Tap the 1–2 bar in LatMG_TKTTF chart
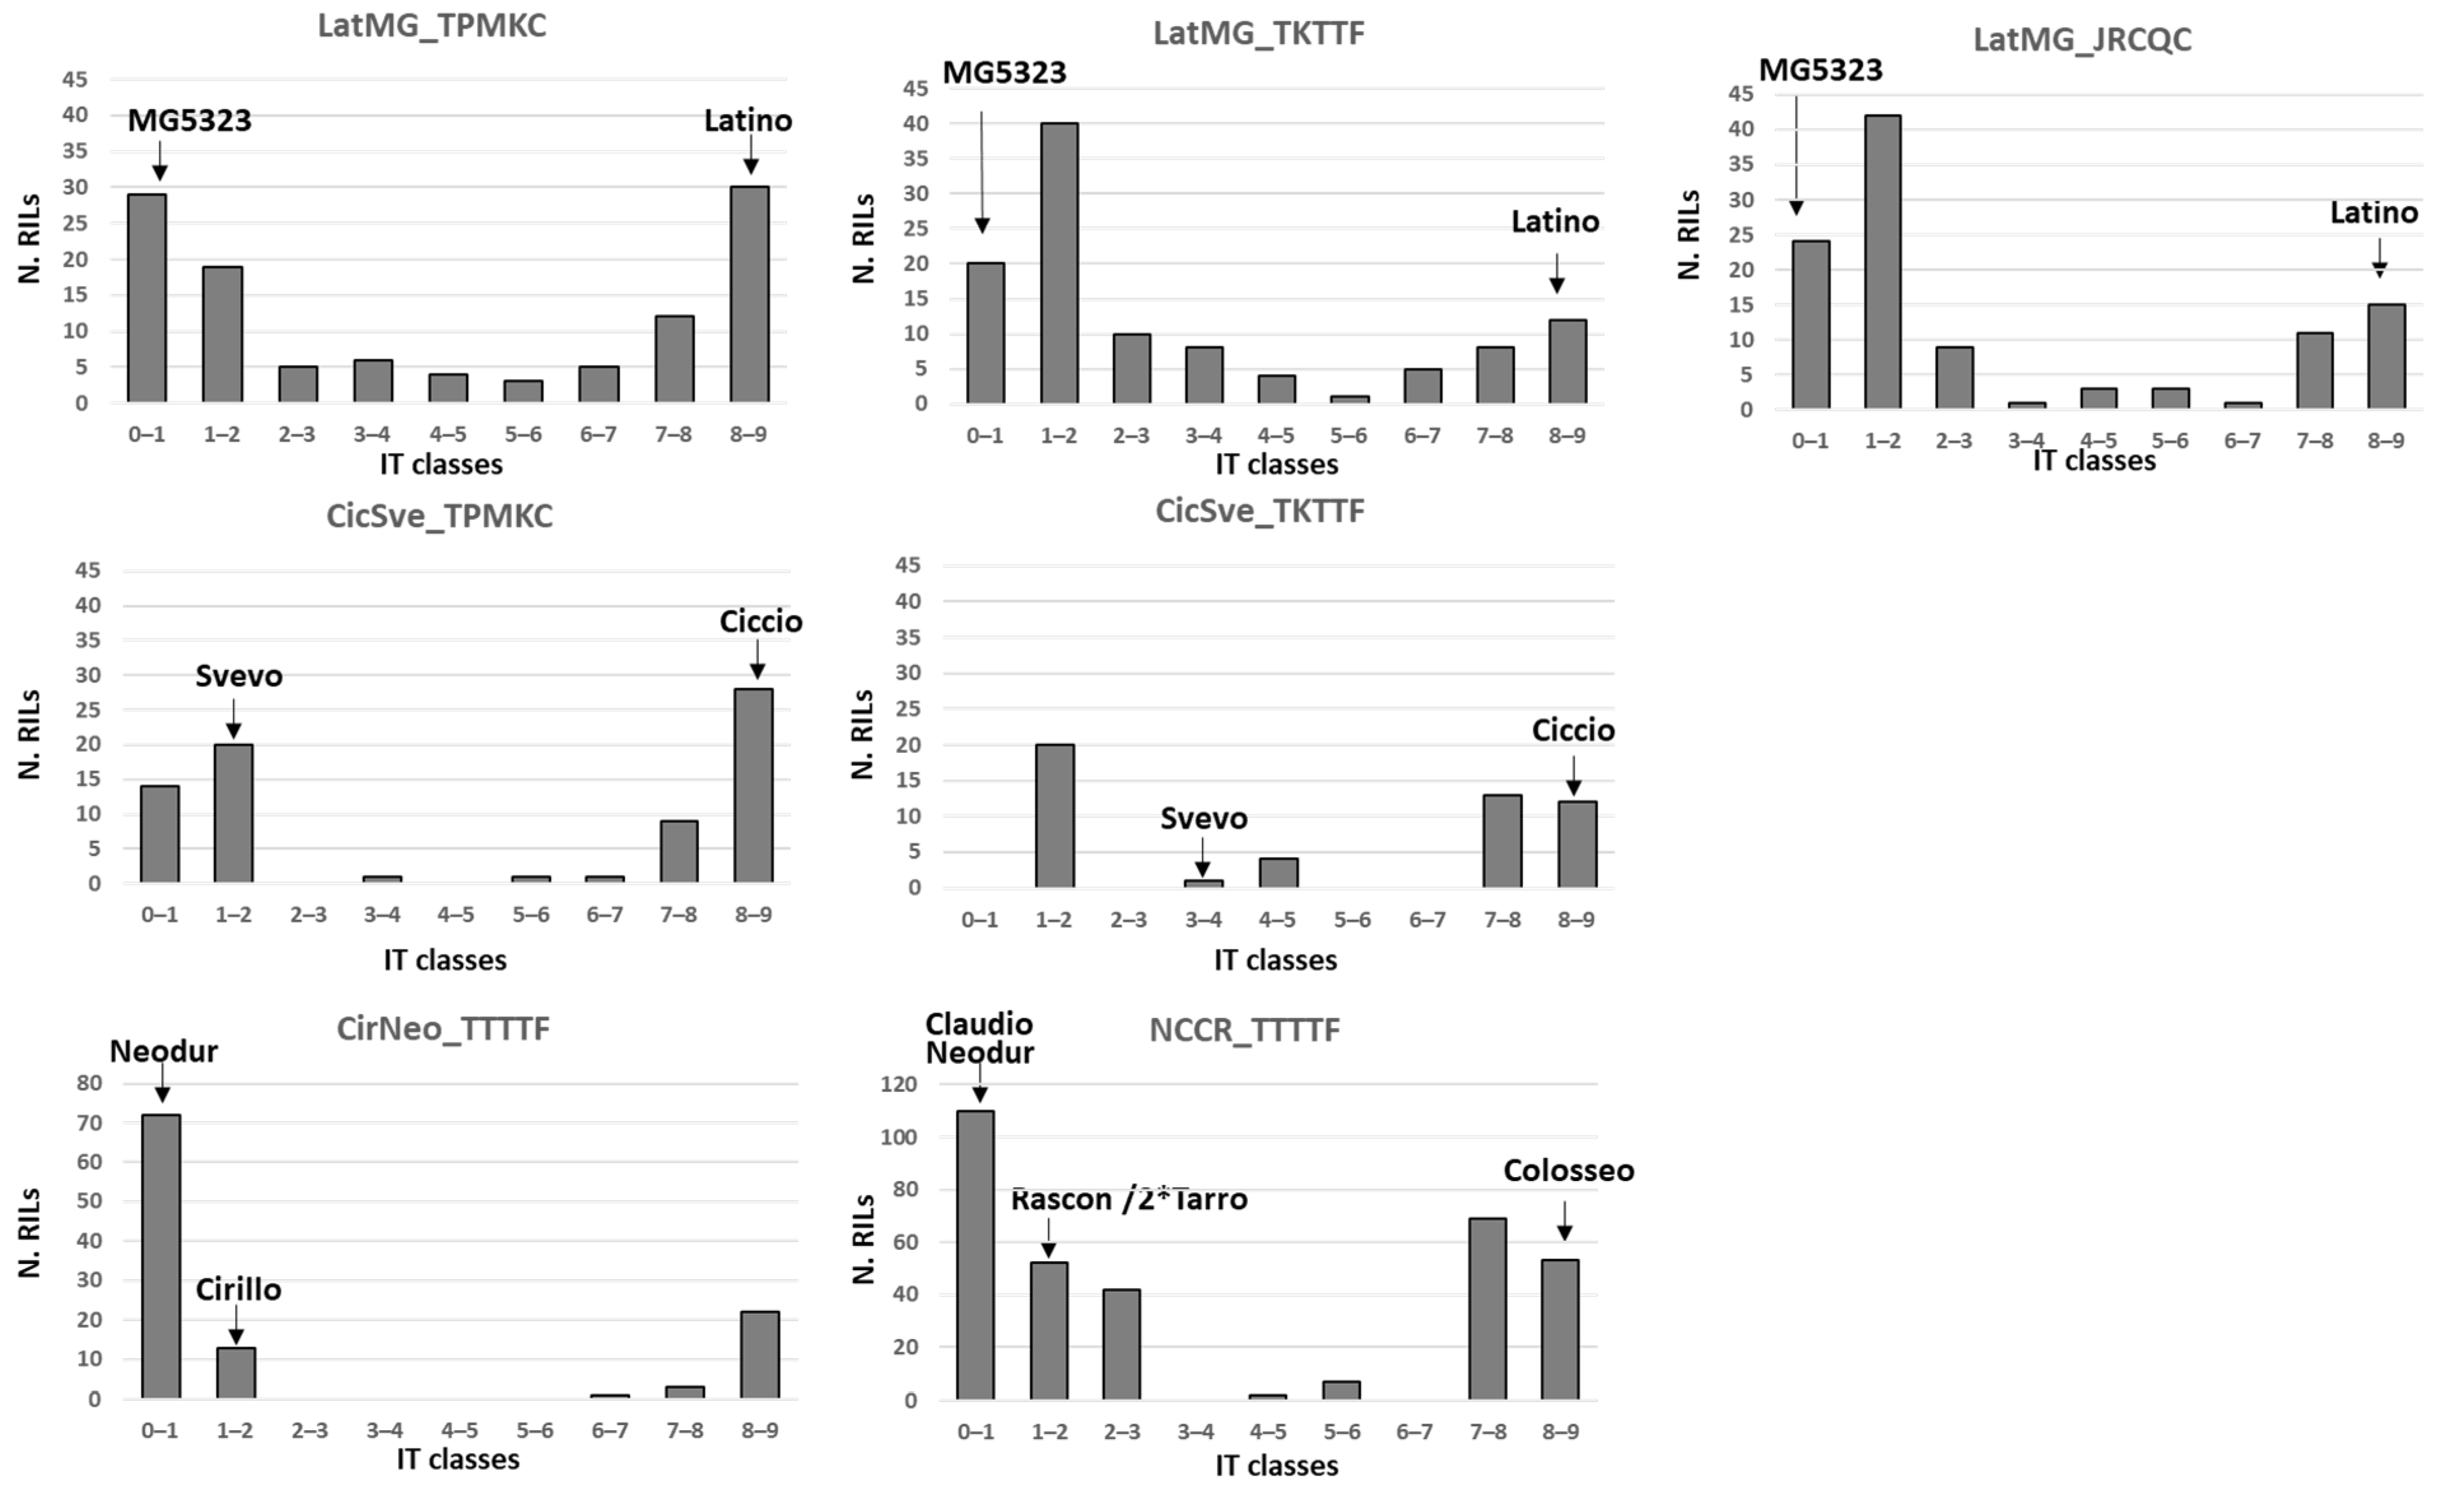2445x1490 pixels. pyautogui.click(x=1059, y=263)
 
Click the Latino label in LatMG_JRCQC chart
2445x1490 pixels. pyautogui.click(x=2374, y=212)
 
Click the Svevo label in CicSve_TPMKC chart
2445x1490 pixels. pyautogui.click(x=238, y=676)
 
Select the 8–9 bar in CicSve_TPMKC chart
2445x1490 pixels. pyautogui.click(x=753, y=785)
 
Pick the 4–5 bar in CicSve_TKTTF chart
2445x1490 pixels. pyautogui.click(x=1278, y=873)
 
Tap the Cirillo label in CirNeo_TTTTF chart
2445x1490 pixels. pyautogui.click(x=238, y=1289)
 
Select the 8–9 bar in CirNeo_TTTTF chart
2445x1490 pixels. pyautogui.click(x=760, y=1355)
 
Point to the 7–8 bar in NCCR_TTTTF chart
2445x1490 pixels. pyautogui.click(x=1487, y=1308)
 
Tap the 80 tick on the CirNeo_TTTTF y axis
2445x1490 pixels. pyautogui.click(x=89, y=1083)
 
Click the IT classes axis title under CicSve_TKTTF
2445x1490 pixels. pyautogui.click(x=1275, y=960)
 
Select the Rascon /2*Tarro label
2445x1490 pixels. pyautogui.click(x=1128, y=1199)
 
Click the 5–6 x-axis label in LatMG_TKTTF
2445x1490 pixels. pyautogui.click(x=1349, y=436)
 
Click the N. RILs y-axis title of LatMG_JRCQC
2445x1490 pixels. pyautogui.click(x=1688, y=235)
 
